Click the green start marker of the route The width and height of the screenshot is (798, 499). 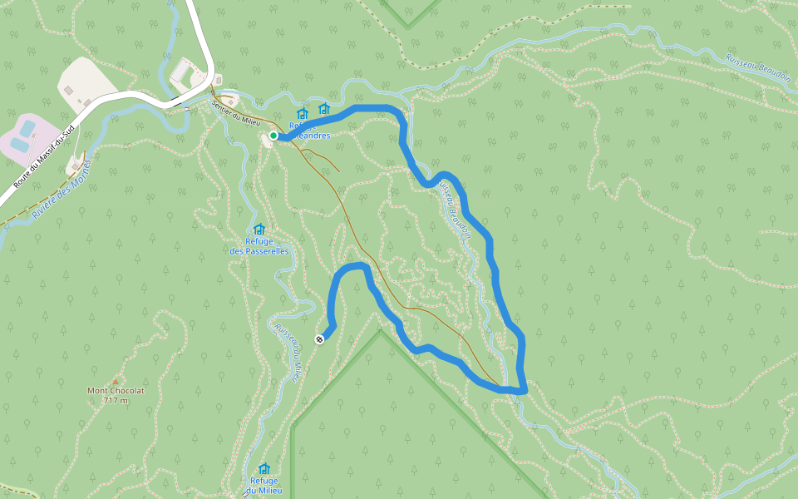[x=273, y=136]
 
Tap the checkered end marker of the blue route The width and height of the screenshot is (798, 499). [x=319, y=338]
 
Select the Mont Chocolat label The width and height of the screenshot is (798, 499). [x=116, y=390]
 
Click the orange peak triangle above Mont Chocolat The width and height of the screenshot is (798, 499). [x=116, y=382]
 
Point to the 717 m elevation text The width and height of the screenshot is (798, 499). [x=116, y=400]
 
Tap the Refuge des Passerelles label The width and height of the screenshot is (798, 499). [x=259, y=246]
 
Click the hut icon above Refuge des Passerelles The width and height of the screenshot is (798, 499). [x=259, y=230]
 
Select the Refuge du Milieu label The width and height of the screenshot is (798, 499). [x=265, y=485]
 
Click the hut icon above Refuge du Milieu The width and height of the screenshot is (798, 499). [x=264, y=469]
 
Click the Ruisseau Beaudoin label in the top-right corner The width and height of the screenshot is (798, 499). [x=756, y=72]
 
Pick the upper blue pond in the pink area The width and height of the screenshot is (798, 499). [x=28, y=127]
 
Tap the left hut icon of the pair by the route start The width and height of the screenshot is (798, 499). [x=303, y=113]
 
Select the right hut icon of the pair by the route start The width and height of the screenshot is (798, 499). [x=324, y=109]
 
